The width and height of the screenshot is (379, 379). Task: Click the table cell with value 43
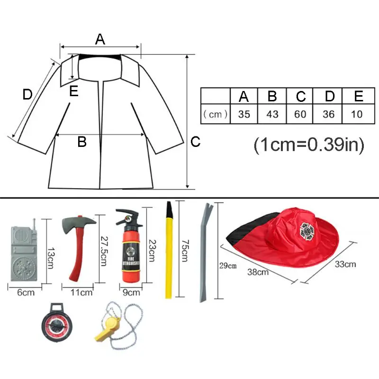[272, 114]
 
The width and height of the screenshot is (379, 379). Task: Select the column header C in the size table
[301, 96]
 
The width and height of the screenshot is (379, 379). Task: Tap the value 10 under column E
[359, 114]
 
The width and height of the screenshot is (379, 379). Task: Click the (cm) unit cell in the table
[216, 114]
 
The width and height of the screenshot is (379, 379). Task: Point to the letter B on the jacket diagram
[82, 141]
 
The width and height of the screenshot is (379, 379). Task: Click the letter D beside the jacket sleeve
[27, 95]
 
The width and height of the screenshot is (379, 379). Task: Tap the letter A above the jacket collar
[100, 40]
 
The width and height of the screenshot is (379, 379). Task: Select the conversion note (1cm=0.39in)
[309, 144]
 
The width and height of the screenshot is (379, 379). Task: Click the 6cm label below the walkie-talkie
[26, 292]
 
